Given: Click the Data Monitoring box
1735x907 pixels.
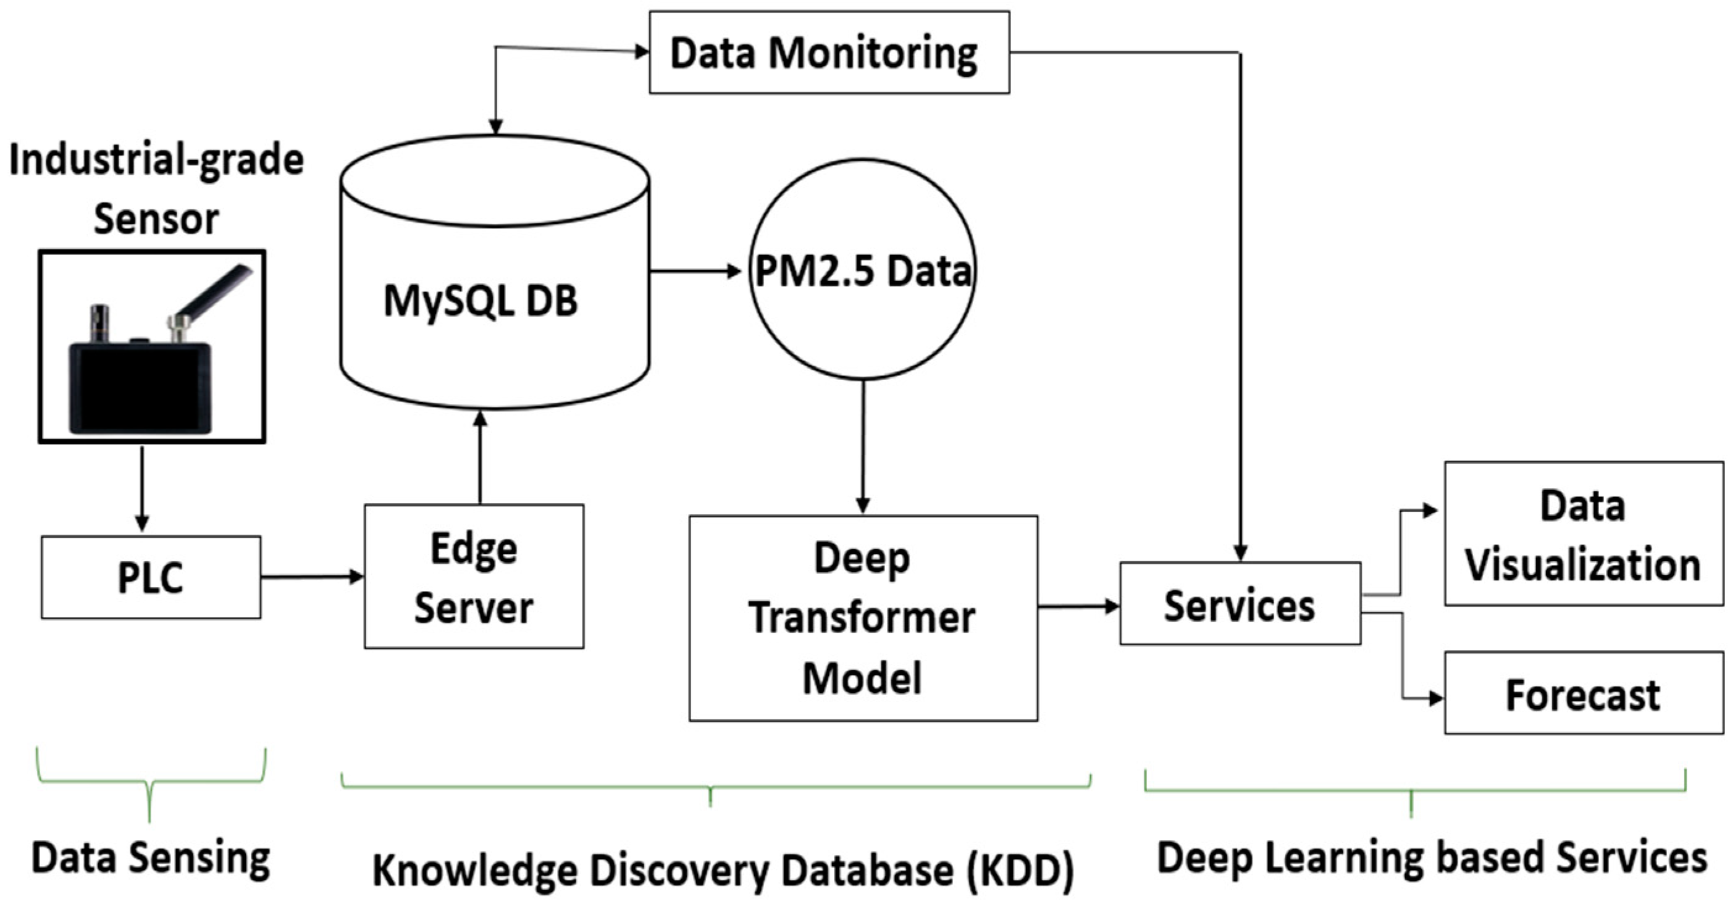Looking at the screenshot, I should (x=828, y=52).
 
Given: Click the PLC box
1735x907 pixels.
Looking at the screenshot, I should (x=151, y=577).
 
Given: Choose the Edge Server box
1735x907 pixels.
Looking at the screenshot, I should (x=474, y=577).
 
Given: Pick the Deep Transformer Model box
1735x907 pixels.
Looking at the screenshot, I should (x=863, y=618).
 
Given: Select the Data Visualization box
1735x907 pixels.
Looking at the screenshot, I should (x=1584, y=534).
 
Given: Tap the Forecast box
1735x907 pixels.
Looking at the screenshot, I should (x=1584, y=693).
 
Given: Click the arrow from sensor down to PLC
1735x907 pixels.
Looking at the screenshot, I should (x=141, y=488).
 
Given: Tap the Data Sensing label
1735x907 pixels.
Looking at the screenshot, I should (x=151, y=858).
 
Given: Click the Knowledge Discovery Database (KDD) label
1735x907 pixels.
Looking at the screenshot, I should (x=723, y=869).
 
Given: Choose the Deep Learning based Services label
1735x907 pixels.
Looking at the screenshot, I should (x=1431, y=858).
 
